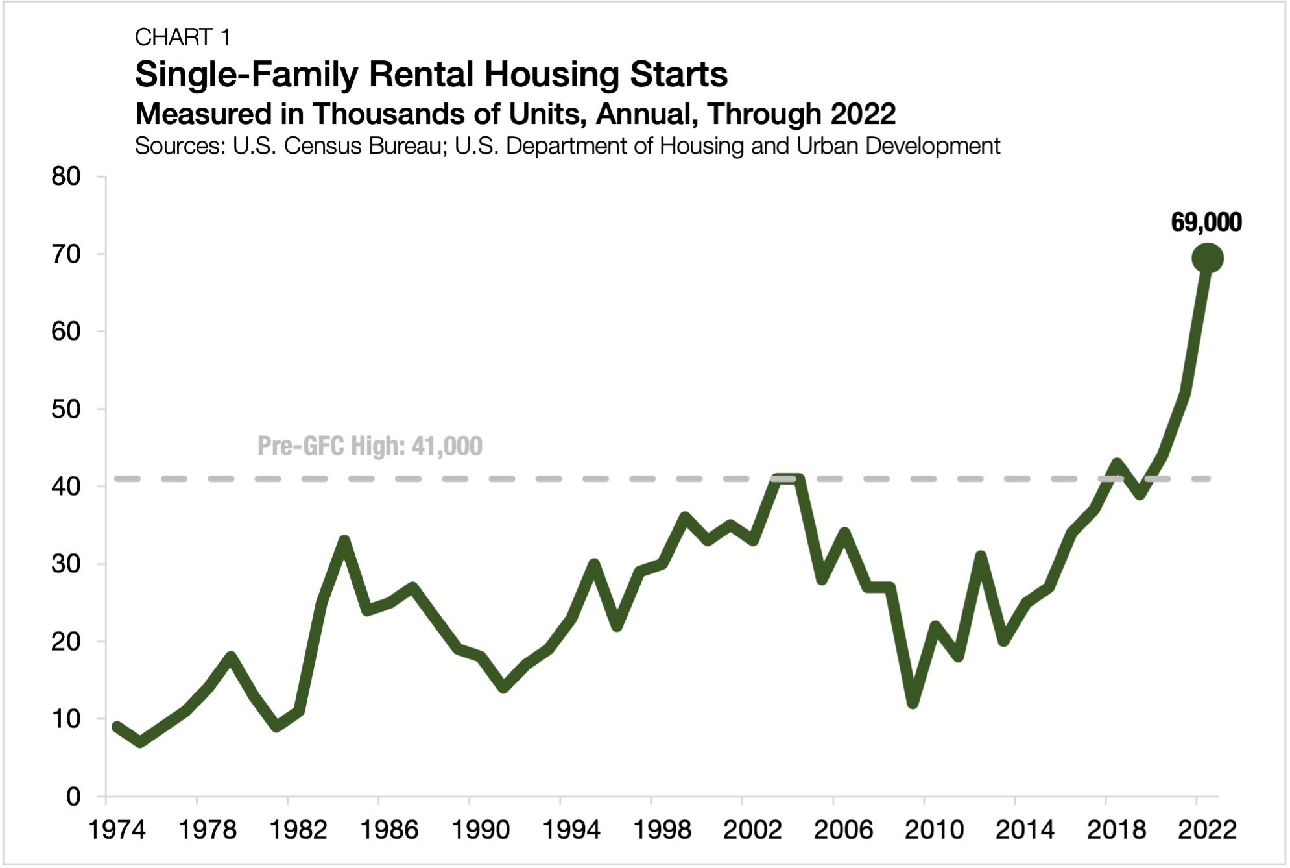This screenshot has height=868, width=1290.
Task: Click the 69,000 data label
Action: tap(1206, 223)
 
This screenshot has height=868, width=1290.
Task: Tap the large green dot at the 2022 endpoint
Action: tap(1207, 258)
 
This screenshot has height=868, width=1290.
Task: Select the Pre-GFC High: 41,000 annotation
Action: tap(370, 446)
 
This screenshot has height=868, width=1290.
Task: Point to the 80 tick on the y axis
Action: tap(66, 176)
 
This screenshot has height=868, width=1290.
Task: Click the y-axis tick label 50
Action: tap(66, 409)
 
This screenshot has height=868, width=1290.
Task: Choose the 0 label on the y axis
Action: tap(73, 796)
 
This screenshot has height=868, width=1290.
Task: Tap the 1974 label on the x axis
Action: tap(117, 830)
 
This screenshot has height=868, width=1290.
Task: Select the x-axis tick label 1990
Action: tap(480, 830)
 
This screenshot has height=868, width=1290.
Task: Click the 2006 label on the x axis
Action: tap(843, 830)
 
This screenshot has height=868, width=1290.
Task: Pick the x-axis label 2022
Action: tap(1207, 830)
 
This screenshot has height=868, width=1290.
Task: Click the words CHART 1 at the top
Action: tap(182, 38)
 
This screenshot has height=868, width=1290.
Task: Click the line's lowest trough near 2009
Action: tap(913, 702)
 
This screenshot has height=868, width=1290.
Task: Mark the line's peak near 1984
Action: tap(344, 541)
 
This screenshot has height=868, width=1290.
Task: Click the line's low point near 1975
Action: tap(141, 741)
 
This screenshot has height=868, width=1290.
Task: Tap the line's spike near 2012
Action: tap(981, 557)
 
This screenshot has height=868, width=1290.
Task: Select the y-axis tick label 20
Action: tap(66, 641)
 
